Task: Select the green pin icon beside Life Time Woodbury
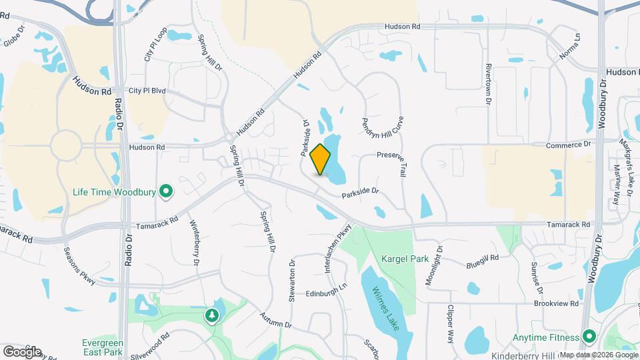(x=166, y=193)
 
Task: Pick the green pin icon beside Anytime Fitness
(x=589, y=335)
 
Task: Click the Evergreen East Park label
(x=102, y=347)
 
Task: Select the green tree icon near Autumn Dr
(x=213, y=315)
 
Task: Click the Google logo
(x=21, y=351)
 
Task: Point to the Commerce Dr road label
(x=569, y=144)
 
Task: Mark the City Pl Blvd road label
(x=148, y=91)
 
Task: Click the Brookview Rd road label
(x=555, y=303)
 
